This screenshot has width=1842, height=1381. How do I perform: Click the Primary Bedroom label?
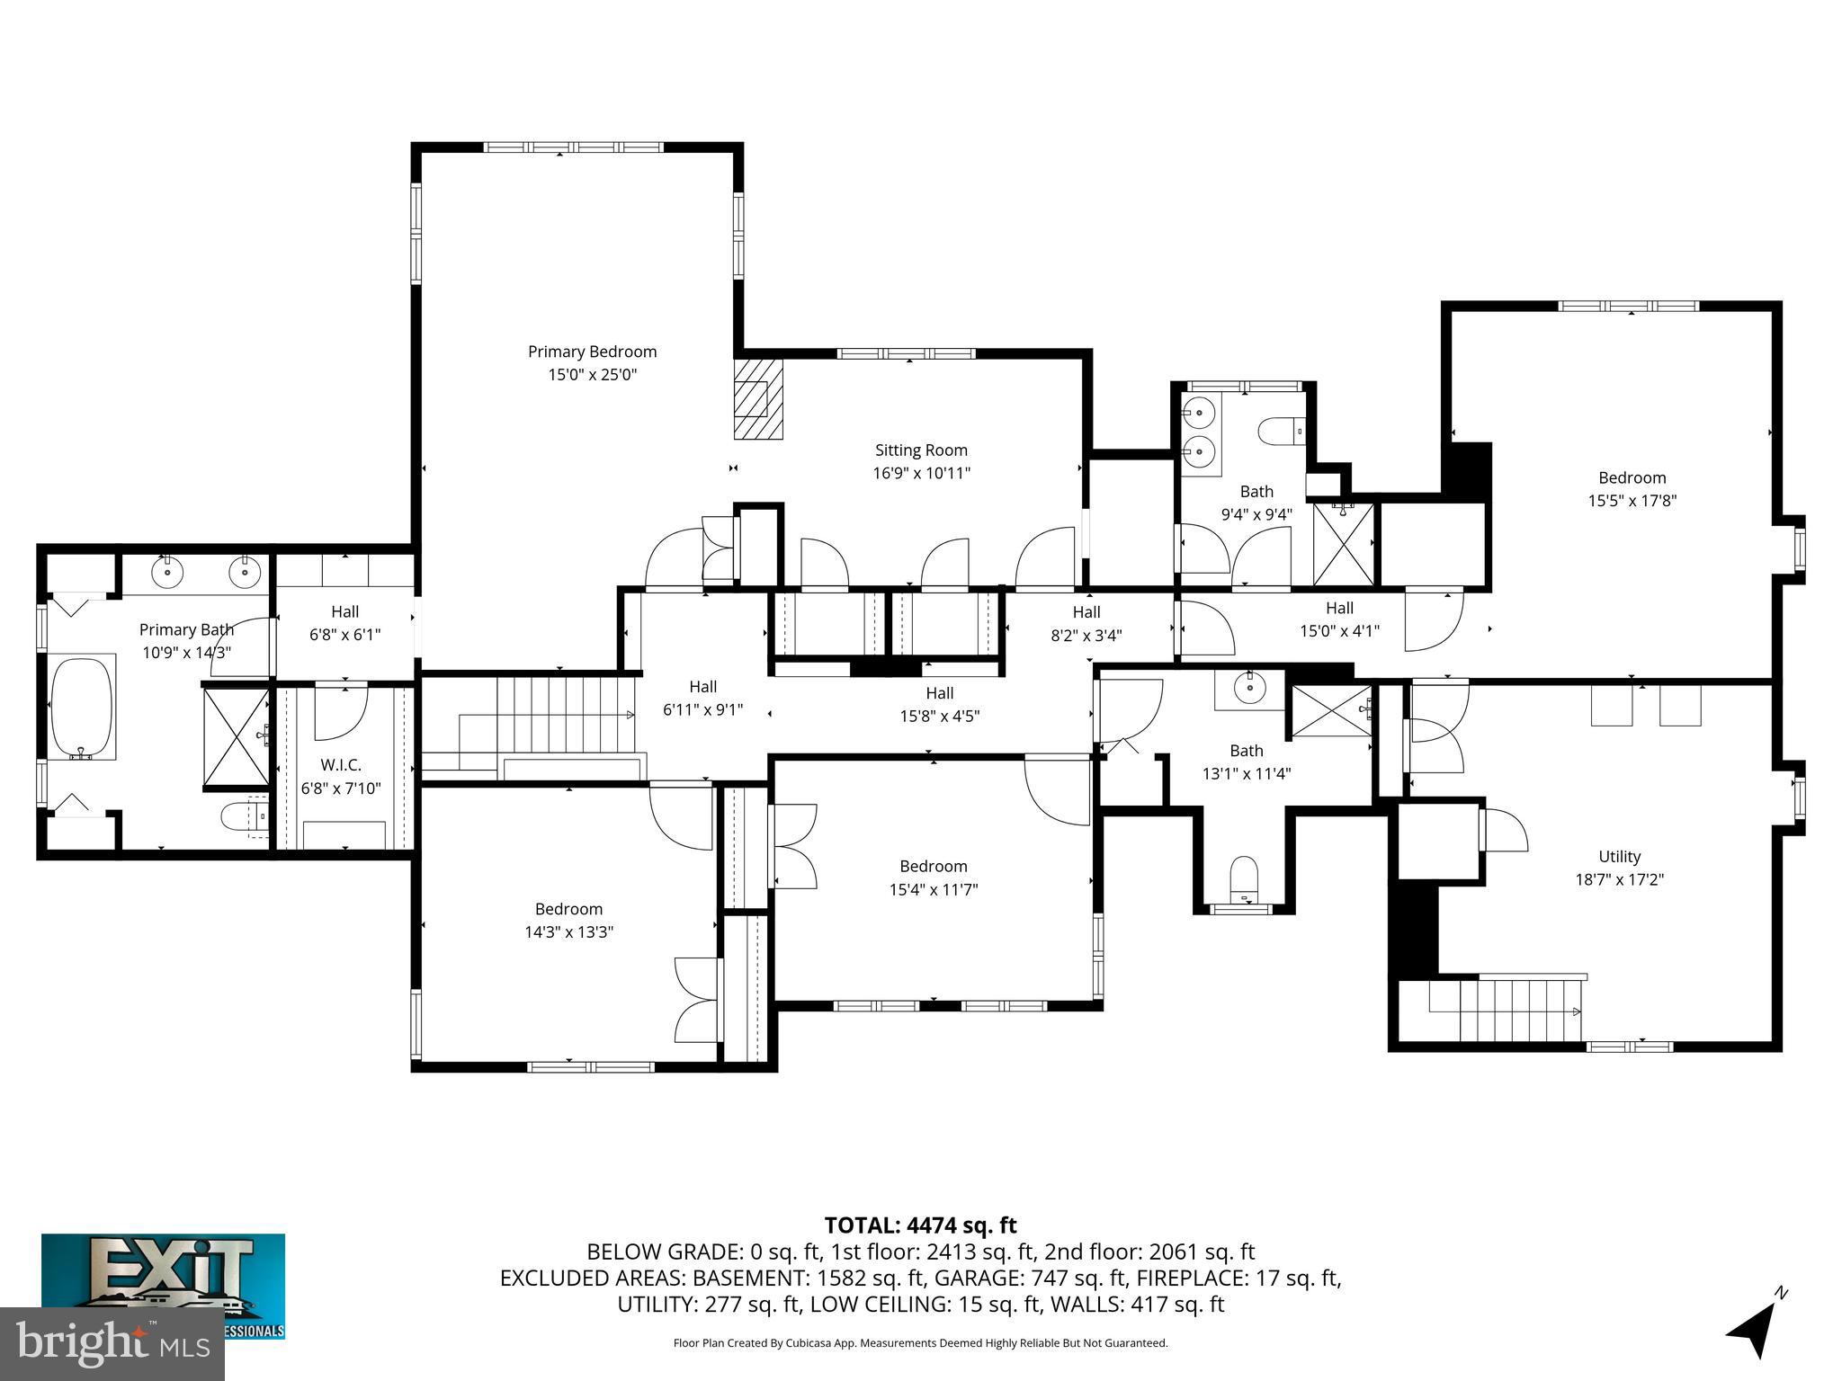592,352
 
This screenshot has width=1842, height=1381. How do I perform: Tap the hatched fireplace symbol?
758,399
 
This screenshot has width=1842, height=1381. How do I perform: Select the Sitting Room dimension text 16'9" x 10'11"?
921,473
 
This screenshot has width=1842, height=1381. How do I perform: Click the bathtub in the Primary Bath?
82,707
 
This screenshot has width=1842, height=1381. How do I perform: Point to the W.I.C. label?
341,765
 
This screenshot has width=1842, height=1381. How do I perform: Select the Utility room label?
1619,856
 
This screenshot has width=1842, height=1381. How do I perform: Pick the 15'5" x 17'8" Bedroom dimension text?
1632,501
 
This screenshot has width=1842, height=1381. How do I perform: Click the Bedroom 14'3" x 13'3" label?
568,909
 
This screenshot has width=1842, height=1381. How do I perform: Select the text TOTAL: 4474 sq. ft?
920,1225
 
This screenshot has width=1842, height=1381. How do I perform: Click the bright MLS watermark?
112,1343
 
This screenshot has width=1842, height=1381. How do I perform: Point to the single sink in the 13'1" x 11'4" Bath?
1249,689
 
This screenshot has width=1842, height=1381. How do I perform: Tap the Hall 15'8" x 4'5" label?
939,693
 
